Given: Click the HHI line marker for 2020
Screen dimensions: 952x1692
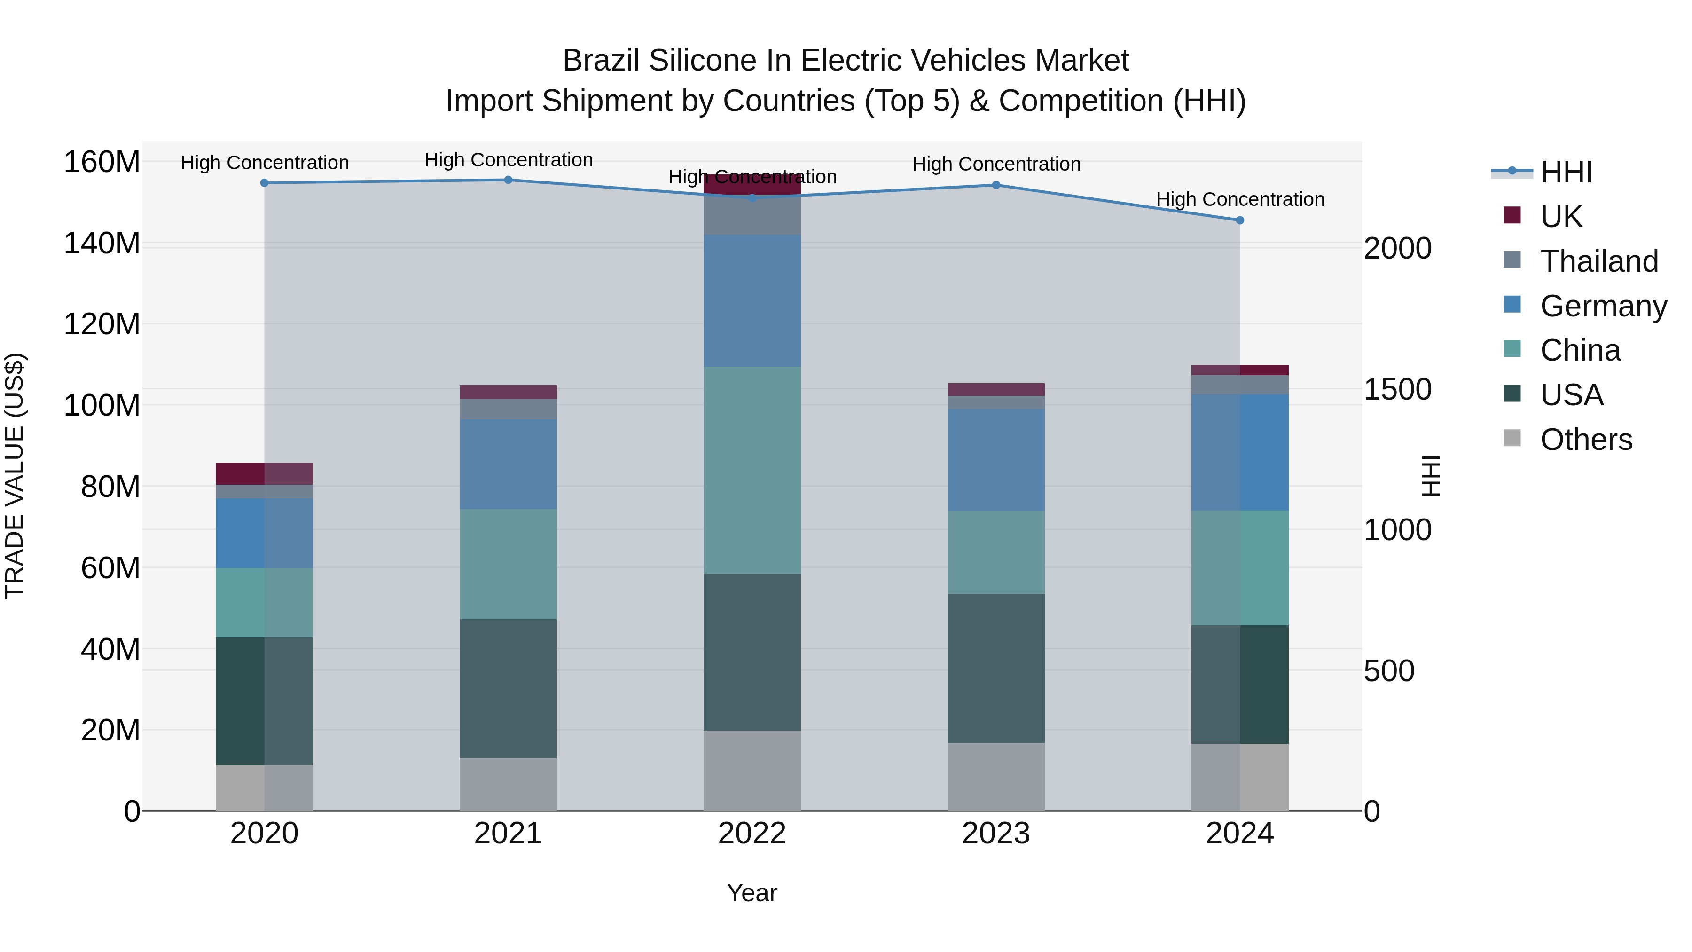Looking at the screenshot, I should pos(264,183).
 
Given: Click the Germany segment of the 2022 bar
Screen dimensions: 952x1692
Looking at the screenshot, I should pos(752,300).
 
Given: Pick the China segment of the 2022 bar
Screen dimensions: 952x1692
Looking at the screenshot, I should pos(752,470).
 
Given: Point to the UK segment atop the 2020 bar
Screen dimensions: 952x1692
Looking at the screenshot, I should pos(264,473).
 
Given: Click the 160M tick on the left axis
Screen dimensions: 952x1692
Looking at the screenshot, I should pos(102,162).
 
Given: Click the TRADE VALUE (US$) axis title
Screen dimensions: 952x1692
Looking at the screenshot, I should pos(15,476).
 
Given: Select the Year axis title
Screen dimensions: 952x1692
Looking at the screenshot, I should pos(752,893).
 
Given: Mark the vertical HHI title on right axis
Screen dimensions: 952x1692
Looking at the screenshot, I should pos(1430,476).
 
